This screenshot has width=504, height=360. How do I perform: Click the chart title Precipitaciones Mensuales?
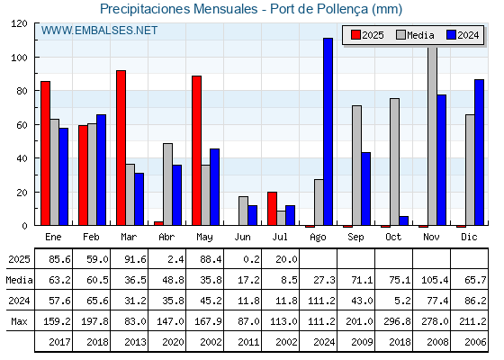(x=179, y=9)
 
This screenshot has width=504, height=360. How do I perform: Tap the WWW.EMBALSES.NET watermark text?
(x=99, y=31)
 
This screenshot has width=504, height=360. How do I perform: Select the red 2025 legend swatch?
(x=355, y=35)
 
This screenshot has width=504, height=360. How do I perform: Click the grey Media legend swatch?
(x=400, y=35)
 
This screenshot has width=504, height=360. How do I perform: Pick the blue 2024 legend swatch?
(x=451, y=35)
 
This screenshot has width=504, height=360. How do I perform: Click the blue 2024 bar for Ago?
(x=328, y=131)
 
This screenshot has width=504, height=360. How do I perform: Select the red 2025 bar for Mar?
(x=121, y=148)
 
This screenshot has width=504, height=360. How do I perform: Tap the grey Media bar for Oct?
(x=394, y=162)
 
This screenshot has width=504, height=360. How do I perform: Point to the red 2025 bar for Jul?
(x=272, y=209)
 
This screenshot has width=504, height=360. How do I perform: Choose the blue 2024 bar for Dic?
(x=479, y=152)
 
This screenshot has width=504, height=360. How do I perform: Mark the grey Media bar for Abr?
(x=167, y=184)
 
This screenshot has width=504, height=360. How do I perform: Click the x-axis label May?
(x=204, y=238)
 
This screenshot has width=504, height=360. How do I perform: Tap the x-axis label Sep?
(x=355, y=238)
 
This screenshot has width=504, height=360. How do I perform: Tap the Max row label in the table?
(x=19, y=321)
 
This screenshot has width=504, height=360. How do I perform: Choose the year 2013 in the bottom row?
(x=135, y=342)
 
